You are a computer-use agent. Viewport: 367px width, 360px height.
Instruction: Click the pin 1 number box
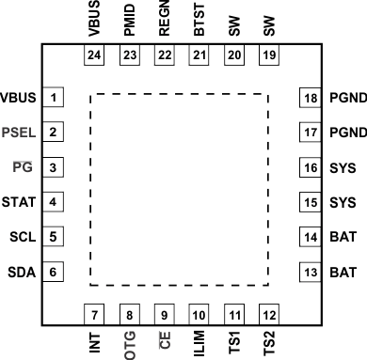[x=56, y=98]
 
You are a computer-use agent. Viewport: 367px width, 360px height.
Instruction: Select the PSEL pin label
[x=20, y=133]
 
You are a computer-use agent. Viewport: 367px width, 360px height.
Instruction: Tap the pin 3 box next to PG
[x=56, y=167]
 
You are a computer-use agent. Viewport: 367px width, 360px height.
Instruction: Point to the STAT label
[x=19, y=202]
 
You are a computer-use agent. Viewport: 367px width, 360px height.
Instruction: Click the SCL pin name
[x=22, y=237]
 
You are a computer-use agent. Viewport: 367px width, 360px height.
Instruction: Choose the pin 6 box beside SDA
[x=56, y=273]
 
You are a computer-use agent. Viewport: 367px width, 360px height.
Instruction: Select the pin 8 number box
[x=129, y=314]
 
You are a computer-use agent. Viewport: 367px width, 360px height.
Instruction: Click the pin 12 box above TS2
[x=270, y=314]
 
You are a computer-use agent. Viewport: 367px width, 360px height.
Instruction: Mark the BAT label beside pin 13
[x=343, y=273]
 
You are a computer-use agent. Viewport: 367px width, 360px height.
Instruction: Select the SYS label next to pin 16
[x=343, y=167]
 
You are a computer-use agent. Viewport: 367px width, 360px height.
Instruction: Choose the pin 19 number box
[x=270, y=56]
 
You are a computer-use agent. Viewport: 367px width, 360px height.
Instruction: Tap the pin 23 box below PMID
[x=129, y=56]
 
